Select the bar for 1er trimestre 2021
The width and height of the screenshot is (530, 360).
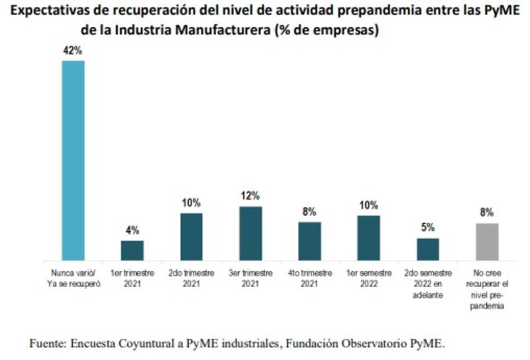pyautogui.click(x=132, y=250)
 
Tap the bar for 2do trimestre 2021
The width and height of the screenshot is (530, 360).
pyautogui.click(x=191, y=236)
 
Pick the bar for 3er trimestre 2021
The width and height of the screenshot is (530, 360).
pyautogui.click(x=250, y=233)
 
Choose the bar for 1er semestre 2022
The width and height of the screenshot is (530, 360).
pyautogui.click(x=368, y=237)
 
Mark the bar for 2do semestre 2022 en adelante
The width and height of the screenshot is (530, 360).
pyautogui.click(x=427, y=249)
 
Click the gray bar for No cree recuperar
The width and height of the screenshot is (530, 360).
pyautogui.click(x=487, y=241)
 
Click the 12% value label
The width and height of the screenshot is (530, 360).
pyautogui.click(x=250, y=196)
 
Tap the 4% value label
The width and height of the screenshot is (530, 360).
pyautogui.click(x=132, y=231)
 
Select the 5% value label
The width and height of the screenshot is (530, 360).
pyautogui.click(x=427, y=227)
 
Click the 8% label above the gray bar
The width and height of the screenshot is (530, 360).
pyautogui.click(x=487, y=213)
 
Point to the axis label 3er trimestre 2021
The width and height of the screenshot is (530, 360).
pyautogui.click(x=250, y=278)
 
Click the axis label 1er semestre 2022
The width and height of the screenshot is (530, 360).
pyautogui.click(x=368, y=278)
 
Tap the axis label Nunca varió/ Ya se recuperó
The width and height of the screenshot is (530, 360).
pyautogui.click(x=73, y=278)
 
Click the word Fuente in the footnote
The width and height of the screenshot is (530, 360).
pyautogui.click(x=46, y=343)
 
